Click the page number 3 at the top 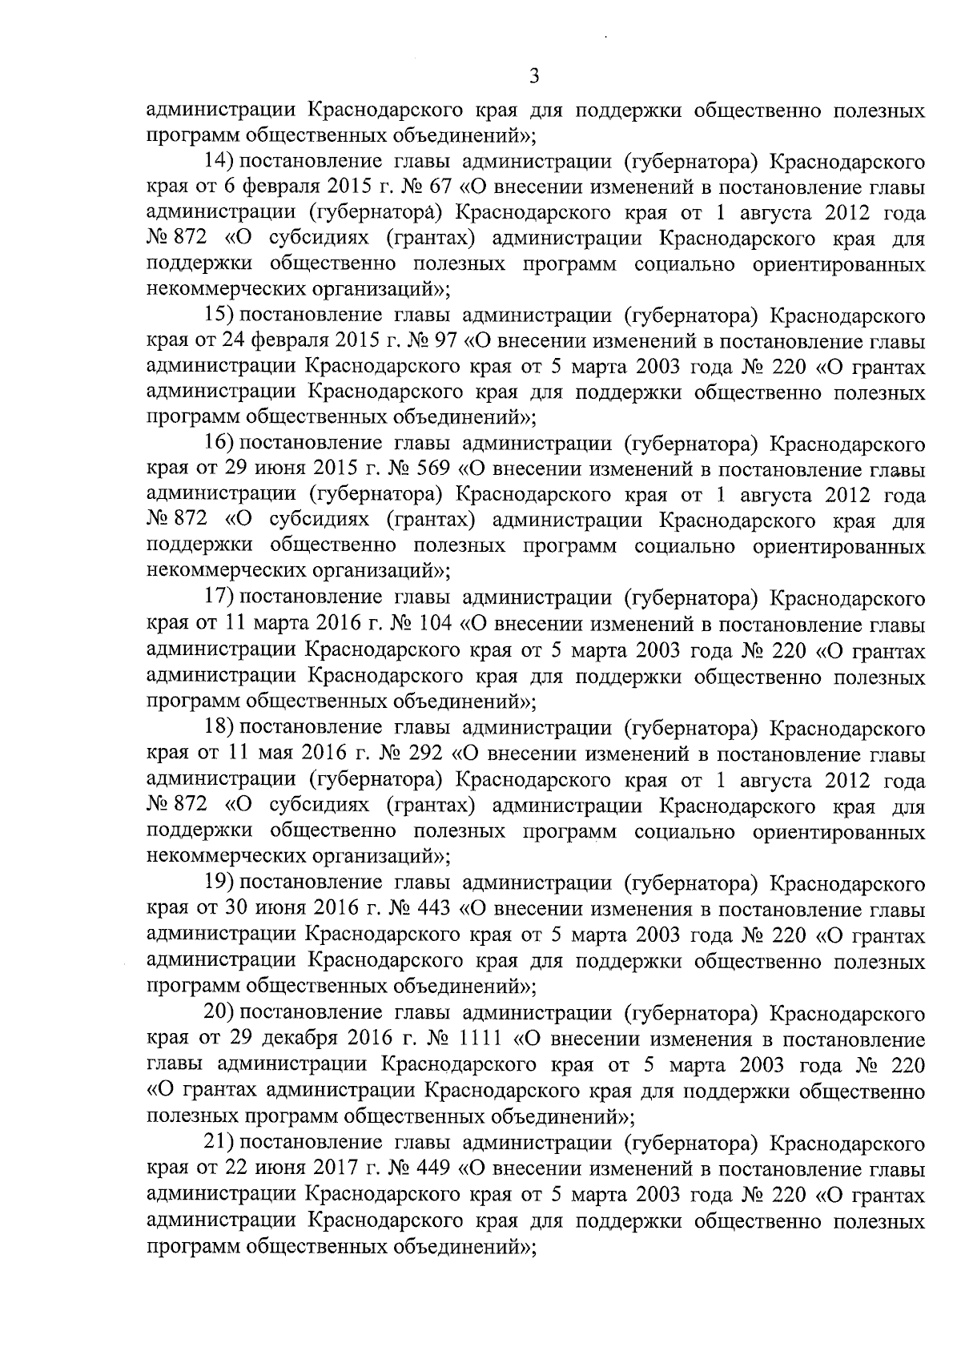[x=534, y=78]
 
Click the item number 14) [x=219, y=162]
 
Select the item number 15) [x=219, y=316]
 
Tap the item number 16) [x=219, y=444]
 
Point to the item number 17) [x=219, y=598]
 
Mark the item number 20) [x=219, y=1014]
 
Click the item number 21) [x=219, y=1143]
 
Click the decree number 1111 [x=480, y=1039]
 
